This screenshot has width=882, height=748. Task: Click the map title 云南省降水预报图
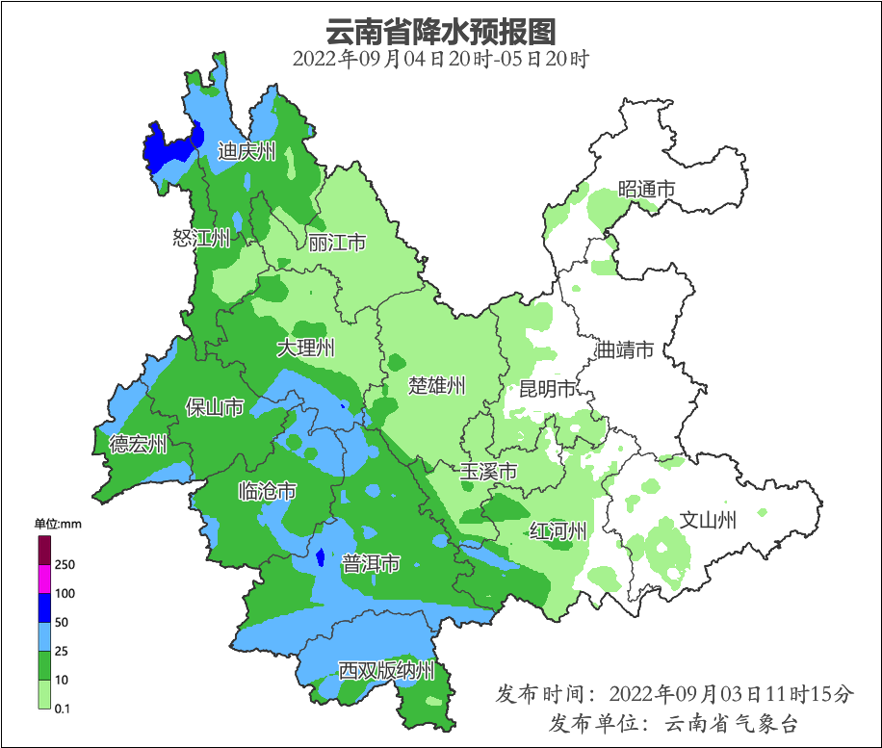tap(441, 31)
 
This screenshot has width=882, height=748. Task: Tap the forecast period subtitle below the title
tap(441, 59)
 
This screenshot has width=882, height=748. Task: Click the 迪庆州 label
tap(246, 151)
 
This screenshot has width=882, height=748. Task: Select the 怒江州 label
tap(201, 238)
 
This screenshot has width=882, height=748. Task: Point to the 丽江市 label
tap(337, 244)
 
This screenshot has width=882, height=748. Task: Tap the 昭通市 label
tap(646, 190)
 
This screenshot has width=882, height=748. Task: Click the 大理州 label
tap(305, 348)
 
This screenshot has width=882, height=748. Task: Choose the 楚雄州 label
tap(436, 386)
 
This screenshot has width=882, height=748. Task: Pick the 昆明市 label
tap(547, 389)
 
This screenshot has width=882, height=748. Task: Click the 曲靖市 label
tap(625, 349)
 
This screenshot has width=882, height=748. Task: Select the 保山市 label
tap(214, 408)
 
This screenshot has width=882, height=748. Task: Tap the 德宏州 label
tap(138, 444)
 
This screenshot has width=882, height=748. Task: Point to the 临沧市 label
tap(267, 492)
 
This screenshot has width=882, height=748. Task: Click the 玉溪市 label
tap(488, 472)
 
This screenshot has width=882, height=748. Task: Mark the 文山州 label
tap(708, 521)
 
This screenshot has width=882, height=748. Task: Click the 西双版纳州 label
tap(386, 671)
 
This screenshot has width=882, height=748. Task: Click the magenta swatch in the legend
tap(43, 580)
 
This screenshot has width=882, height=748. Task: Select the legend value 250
tap(65, 564)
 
